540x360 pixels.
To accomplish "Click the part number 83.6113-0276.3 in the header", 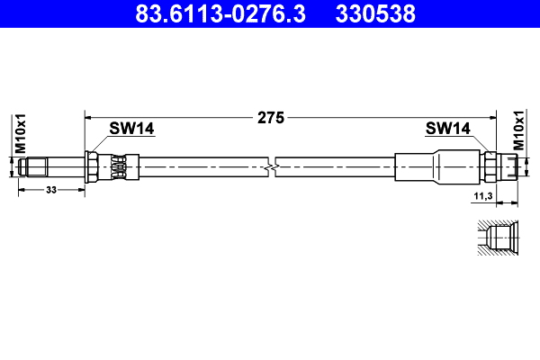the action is (220, 13).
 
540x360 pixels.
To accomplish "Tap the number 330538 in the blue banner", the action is (375, 13).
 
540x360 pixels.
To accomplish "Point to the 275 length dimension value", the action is (271, 118).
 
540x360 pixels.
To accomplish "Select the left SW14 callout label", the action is (131, 129).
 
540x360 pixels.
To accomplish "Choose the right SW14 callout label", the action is (447, 129).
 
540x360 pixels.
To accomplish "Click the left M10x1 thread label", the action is (21, 133).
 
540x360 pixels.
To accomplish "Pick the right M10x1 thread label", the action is (518, 130).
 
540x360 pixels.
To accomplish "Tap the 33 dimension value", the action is (51, 190).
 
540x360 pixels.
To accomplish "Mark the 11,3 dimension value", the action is (483, 196).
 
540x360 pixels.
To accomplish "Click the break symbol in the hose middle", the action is (272, 167).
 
